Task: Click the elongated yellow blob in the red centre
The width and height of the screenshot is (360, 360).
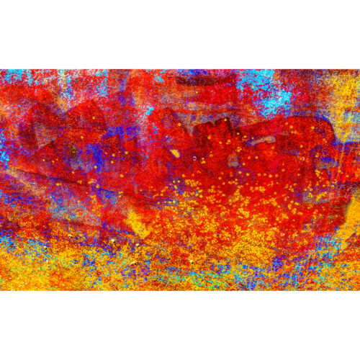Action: [175, 153]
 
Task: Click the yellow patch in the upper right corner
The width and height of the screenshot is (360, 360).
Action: [344, 94]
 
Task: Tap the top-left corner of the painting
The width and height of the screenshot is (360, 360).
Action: [0, 69]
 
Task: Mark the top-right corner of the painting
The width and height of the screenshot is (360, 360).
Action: [359, 69]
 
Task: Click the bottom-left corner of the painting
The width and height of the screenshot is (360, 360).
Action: [0, 290]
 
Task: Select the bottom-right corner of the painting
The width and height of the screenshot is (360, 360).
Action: [359, 290]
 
